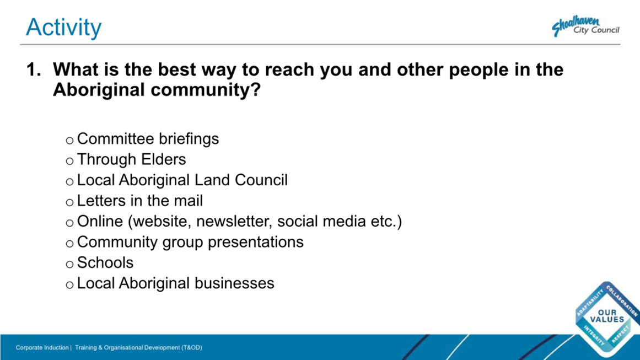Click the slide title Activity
64,28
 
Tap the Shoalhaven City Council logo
585,26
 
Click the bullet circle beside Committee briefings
70,141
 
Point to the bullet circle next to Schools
70,265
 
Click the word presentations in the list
256,242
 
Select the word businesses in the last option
234,283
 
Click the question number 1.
34,70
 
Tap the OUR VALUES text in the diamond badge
607,316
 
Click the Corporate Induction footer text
42,348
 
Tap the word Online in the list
100,222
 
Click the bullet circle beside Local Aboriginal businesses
70,286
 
